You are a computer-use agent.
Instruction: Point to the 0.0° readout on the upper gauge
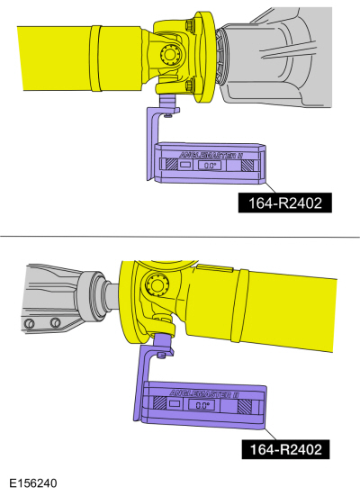click(x=211, y=166)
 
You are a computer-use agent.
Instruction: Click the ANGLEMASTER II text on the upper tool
click(x=216, y=154)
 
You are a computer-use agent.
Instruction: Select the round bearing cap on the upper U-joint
click(x=169, y=56)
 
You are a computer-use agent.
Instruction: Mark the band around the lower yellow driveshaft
click(x=238, y=306)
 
